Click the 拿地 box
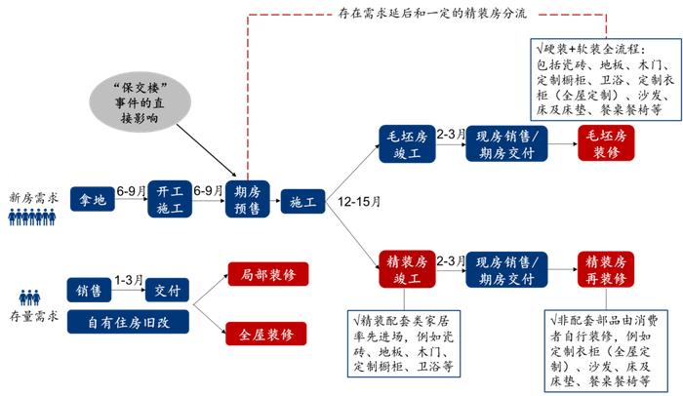(93, 201)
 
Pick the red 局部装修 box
(267, 276)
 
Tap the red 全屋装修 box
(267, 335)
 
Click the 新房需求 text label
(34, 197)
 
